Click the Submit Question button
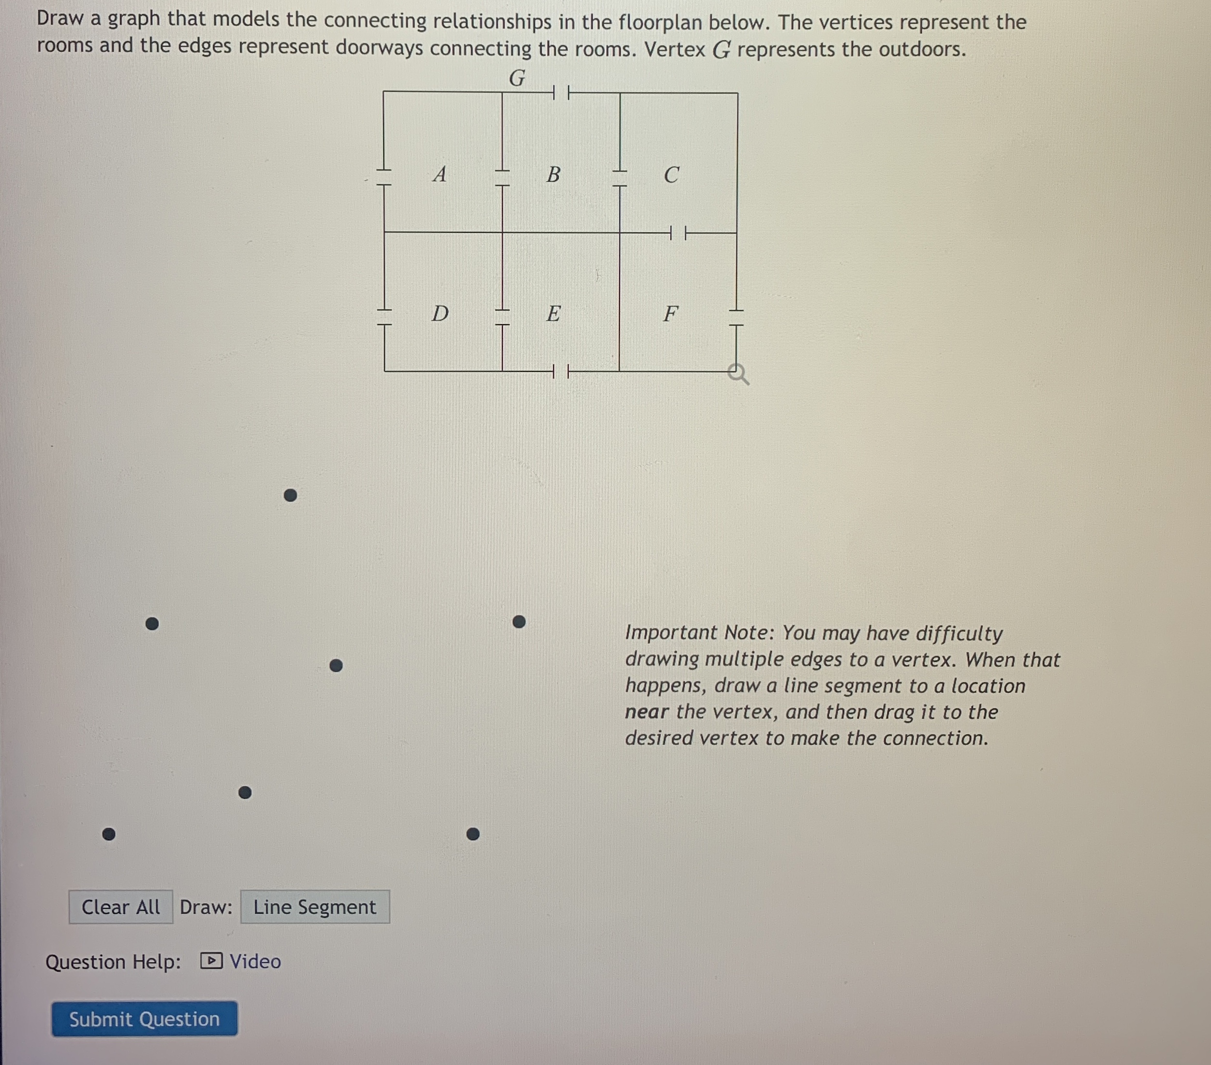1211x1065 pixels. (144, 1019)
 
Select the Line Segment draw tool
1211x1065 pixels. (315, 907)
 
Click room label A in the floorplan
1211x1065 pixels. (439, 174)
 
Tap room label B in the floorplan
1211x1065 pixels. (553, 174)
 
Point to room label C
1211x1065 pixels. (671, 175)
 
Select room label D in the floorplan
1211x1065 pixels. (440, 313)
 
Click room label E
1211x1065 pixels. (553, 313)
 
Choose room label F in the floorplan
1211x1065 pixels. (670, 313)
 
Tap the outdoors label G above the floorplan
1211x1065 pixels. (517, 78)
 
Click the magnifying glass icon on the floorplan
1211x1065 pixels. (738, 374)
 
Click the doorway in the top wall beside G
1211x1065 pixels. (561, 92)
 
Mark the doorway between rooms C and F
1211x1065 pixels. (678, 233)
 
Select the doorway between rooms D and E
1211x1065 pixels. (502, 317)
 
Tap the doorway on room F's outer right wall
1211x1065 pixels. (737, 318)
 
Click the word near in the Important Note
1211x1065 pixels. (647, 712)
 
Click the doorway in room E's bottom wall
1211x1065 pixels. (561, 372)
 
